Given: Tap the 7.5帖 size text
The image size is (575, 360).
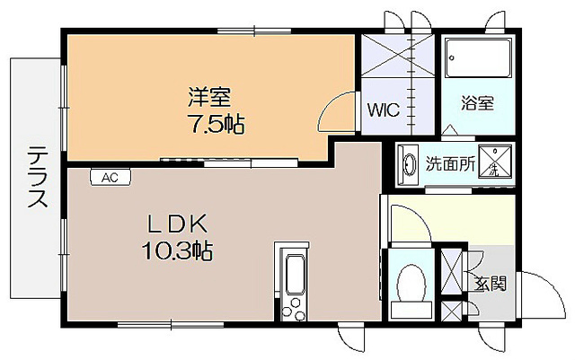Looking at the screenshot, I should (x=216, y=123).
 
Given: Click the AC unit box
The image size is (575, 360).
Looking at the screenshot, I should (x=110, y=178).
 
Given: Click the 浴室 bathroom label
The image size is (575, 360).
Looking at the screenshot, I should (x=478, y=102).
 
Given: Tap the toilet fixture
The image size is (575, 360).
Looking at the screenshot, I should (x=411, y=285).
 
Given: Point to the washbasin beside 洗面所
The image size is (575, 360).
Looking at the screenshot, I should (x=409, y=164).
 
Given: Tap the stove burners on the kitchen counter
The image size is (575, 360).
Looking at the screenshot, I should (x=293, y=308).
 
